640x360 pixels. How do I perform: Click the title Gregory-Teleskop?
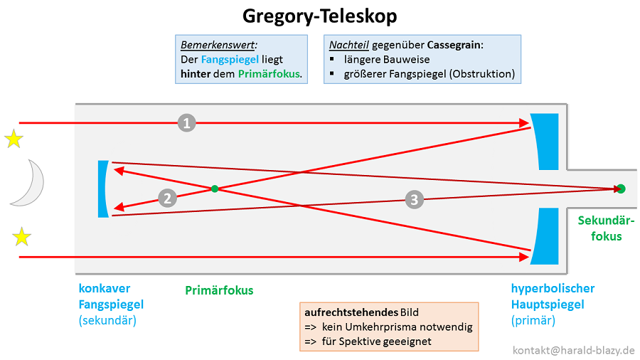[320, 16]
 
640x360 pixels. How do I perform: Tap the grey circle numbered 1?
[186, 123]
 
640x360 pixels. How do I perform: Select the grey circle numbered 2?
[167, 198]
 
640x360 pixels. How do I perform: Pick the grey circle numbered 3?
[415, 200]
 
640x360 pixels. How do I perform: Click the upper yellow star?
[14, 139]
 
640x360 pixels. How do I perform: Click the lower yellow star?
[22, 236]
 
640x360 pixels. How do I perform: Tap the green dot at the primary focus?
[214, 189]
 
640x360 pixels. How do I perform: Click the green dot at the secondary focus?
[621, 189]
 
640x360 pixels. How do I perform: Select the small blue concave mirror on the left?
[104, 189]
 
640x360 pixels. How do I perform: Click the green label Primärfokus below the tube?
[219, 290]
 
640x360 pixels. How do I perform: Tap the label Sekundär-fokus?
[606, 228]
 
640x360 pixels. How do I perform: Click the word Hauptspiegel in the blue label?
[548, 305]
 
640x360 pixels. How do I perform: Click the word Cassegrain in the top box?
[454, 45]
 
